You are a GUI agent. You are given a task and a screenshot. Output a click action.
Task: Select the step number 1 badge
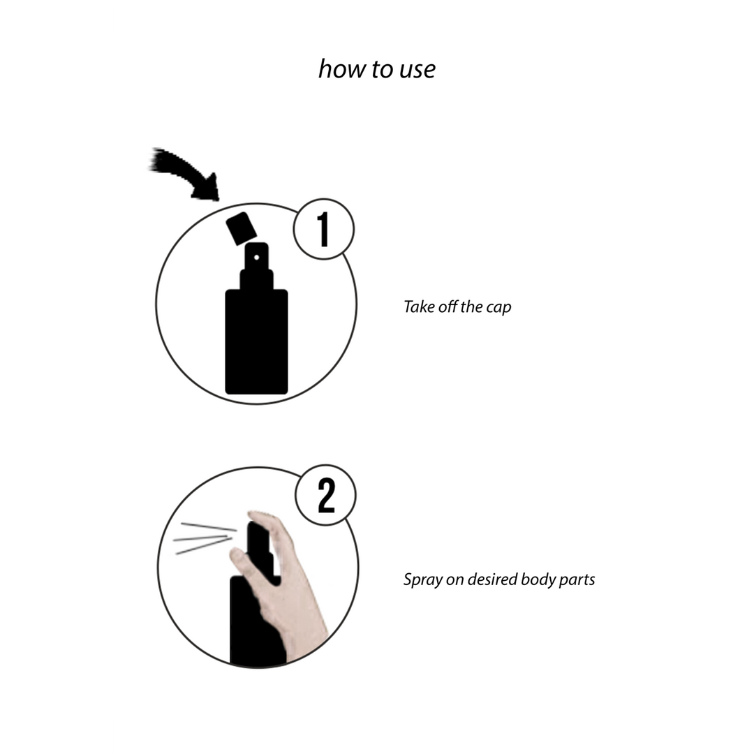(323, 230)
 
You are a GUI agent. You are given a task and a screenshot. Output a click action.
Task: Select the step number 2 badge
(326, 496)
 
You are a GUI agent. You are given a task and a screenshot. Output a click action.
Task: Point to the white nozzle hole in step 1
(256, 258)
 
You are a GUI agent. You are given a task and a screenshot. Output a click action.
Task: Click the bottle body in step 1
(256, 342)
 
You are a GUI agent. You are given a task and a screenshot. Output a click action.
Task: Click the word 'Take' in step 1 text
(419, 307)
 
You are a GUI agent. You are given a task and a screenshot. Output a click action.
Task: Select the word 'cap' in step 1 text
(498, 307)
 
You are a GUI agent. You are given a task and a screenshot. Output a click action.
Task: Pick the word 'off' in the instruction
(447, 307)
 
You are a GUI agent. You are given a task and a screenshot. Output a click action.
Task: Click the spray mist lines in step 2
(202, 538)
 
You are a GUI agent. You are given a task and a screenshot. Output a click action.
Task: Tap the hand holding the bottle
(293, 600)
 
